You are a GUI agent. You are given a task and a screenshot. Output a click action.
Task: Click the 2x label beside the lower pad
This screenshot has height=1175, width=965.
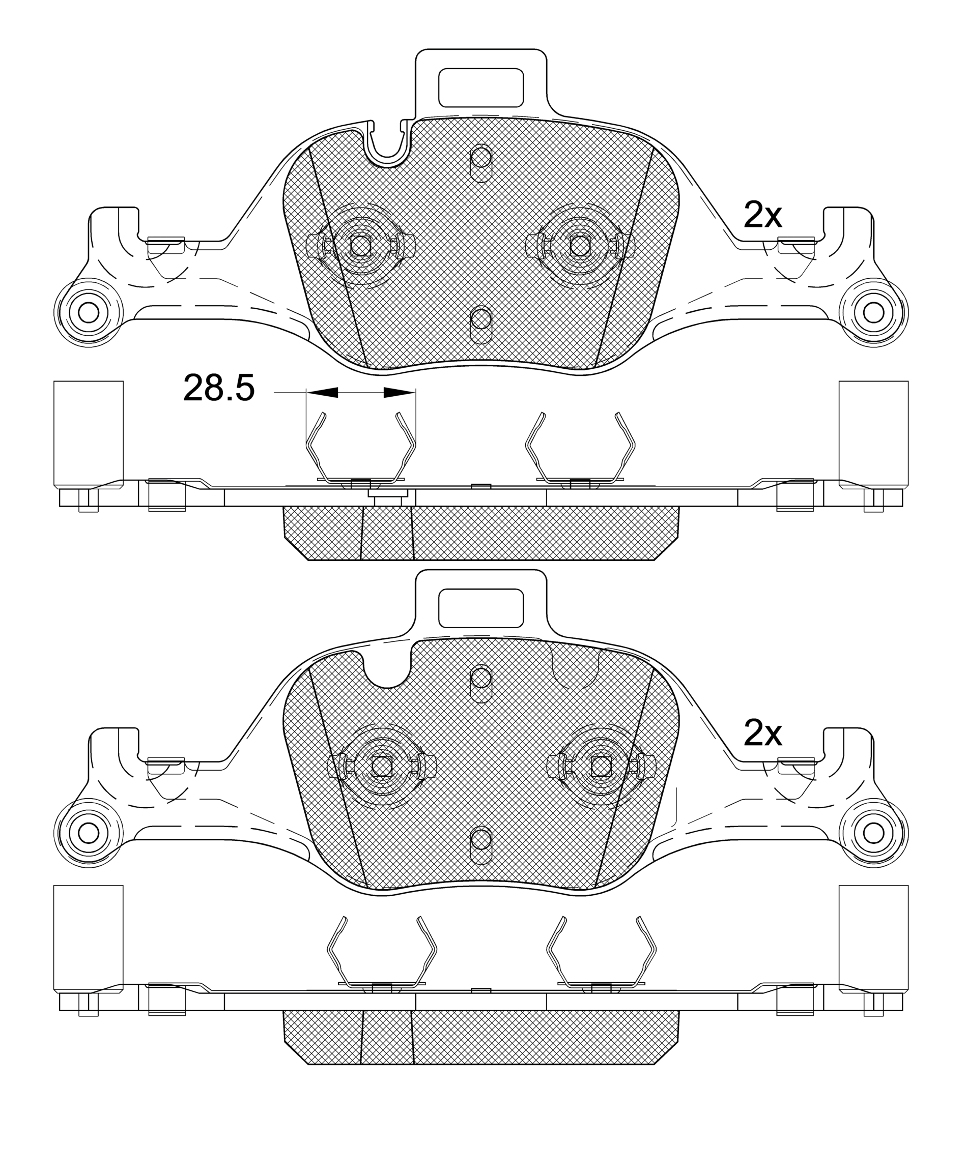[762, 734]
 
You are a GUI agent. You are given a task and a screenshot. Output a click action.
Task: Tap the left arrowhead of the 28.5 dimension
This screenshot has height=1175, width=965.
[322, 392]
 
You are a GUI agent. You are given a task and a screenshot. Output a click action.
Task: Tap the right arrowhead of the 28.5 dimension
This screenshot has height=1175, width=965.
[400, 392]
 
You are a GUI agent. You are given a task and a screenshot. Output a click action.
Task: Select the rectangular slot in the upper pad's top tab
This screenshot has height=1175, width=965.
[481, 88]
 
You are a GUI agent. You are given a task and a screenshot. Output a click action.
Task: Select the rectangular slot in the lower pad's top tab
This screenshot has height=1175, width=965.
[481, 608]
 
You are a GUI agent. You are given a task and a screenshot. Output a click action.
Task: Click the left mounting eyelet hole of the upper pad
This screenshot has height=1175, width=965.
[89, 312]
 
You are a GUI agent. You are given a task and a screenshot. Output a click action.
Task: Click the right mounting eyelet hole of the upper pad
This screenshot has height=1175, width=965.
[873, 312]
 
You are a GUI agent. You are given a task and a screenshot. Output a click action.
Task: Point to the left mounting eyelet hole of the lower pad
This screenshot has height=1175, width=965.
[89, 832]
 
